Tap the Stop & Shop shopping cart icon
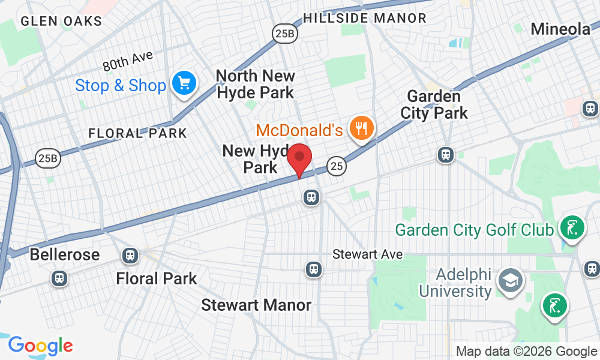pyautogui.click(x=184, y=83)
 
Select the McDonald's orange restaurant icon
pyautogui.click(x=362, y=128)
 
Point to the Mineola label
pyautogui.click(x=561, y=28)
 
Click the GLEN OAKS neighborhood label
pyautogui.click(x=61, y=21)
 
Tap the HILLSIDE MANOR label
pyautogui.click(x=365, y=18)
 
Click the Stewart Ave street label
pyautogui.click(x=368, y=254)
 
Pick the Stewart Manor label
pyautogui.click(x=256, y=305)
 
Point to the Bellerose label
pyautogui.click(x=65, y=254)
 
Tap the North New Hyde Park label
pyautogui.click(x=255, y=84)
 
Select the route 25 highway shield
pyautogui.click(x=337, y=166)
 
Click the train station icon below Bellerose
pyautogui.click(x=59, y=278)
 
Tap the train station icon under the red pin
pyautogui.click(x=311, y=197)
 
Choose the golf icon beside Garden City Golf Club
pyautogui.click(x=571, y=228)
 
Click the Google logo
pyautogui.click(x=41, y=346)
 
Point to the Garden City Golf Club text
pyautogui.click(x=474, y=230)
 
